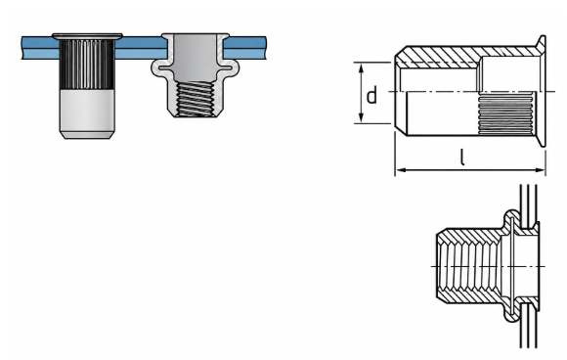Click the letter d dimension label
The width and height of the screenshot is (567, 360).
tap(371, 95)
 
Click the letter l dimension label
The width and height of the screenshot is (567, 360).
tap(461, 157)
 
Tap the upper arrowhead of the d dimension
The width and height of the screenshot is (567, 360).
tap(361, 67)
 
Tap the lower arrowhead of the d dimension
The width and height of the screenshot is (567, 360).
tap(361, 117)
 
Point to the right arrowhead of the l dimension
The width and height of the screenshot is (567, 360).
tap(540, 169)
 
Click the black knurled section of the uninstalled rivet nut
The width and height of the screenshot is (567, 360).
tap(87, 65)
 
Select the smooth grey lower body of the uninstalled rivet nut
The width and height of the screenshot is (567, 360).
tap(87, 111)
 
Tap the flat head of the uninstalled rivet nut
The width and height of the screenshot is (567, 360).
tap(87, 36)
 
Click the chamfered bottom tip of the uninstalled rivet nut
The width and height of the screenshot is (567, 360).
tap(87, 135)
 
